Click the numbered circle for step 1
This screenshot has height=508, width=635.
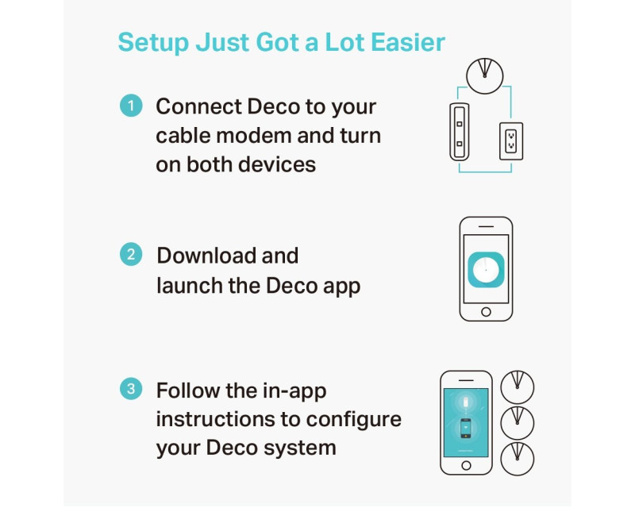[x=131, y=106]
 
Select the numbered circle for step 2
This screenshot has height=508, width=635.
[x=131, y=255]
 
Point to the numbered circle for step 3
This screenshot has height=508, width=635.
[x=131, y=389]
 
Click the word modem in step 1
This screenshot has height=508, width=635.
[x=253, y=136]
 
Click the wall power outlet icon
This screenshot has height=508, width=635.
[x=511, y=141]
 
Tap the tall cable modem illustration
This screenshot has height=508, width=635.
[x=460, y=132]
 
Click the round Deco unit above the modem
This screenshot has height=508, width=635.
[x=485, y=76]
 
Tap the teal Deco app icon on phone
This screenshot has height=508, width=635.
[x=486, y=269]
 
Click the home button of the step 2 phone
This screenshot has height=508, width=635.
[x=486, y=312]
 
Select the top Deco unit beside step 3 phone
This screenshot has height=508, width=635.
[x=518, y=387]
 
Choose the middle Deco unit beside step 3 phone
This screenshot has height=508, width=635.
[x=518, y=423]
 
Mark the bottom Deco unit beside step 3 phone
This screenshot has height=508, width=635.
[x=518, y=459]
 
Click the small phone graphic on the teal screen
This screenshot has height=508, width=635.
[x=466, y=428]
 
